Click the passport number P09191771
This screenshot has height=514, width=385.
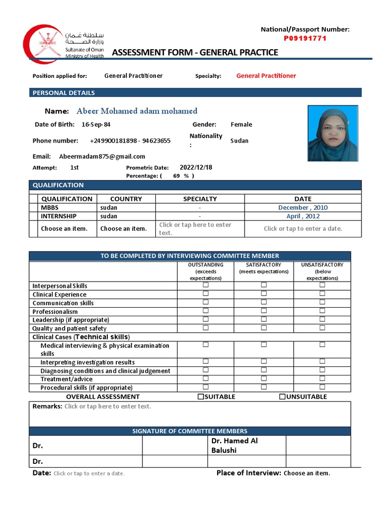[305, 38]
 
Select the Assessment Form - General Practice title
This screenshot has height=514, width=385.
[195, 52]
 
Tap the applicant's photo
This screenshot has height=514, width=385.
[332, 133]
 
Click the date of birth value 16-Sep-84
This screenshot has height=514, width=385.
[96, 124]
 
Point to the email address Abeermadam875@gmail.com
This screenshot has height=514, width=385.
[102, 157]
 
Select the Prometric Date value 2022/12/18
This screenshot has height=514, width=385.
[196, 168]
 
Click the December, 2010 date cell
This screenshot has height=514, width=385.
[303, 207]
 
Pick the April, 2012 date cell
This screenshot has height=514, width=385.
[303, 216]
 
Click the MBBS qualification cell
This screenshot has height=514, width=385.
[50, 207]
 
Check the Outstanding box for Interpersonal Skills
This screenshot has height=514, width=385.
[205, 285]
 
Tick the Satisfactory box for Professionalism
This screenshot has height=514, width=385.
[264, 311]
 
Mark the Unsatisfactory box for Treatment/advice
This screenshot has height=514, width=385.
[322, 378]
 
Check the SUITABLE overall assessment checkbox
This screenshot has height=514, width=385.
[201, 397]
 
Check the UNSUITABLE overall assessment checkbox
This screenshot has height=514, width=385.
[282, 397]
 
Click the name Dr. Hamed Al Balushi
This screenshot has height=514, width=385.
[235, 445]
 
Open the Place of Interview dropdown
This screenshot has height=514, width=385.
[307, 473]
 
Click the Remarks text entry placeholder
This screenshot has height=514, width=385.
[107, 407]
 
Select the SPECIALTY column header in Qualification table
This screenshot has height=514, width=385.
[200, 199]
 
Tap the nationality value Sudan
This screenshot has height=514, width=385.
[239, 141]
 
